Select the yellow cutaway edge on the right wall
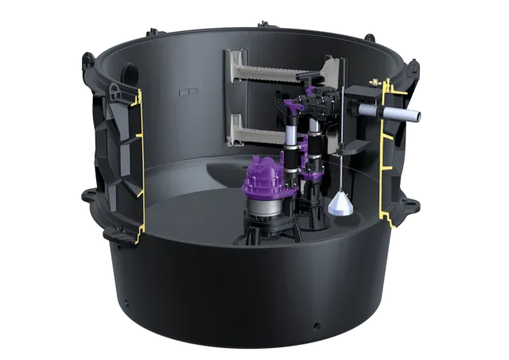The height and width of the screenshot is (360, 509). coord(387,151)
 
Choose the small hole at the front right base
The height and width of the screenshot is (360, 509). coord(317,327)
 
